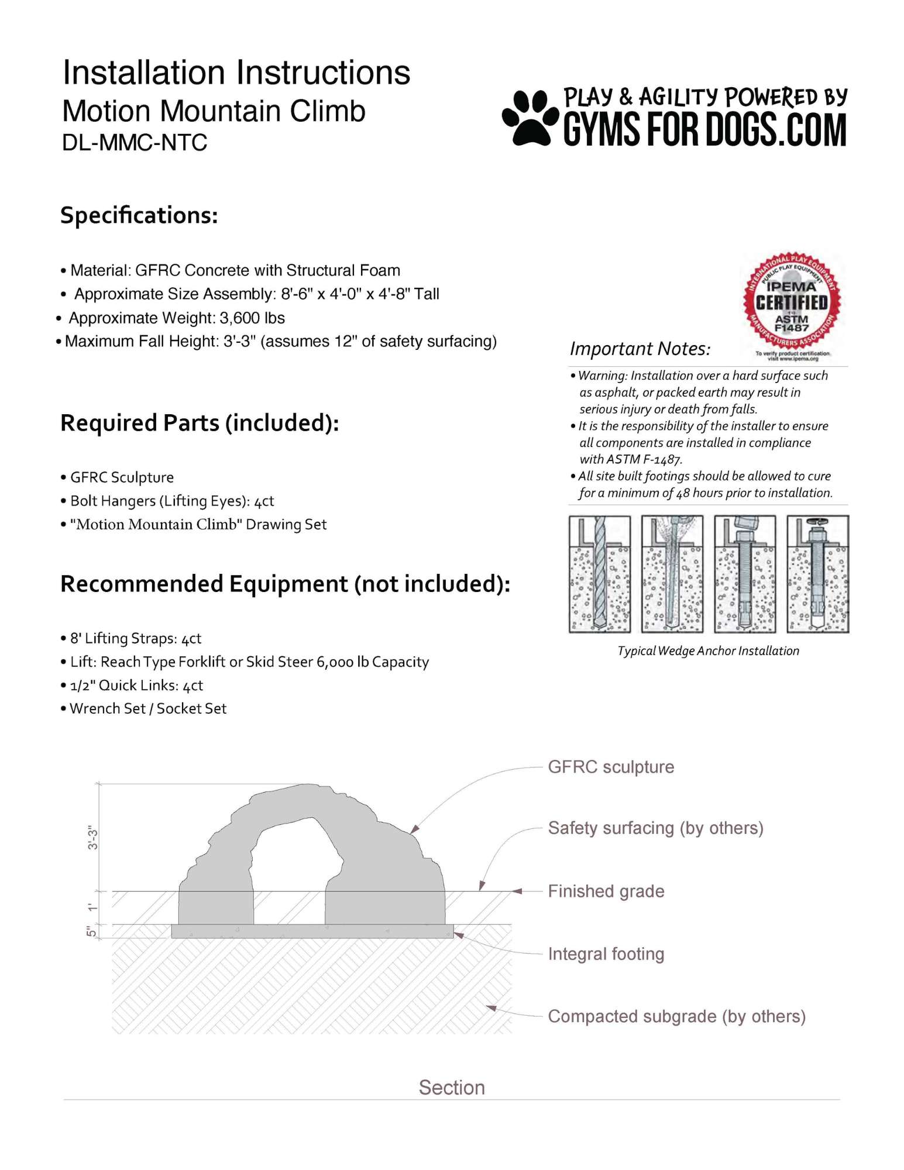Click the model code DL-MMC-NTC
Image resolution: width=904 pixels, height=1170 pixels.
(x=135, y=143)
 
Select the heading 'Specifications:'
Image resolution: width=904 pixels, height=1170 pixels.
(x=139, y=215)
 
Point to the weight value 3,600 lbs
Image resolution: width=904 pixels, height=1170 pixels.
(x=252, y=318)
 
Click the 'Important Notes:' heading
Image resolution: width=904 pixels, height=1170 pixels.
(x=640, y=349)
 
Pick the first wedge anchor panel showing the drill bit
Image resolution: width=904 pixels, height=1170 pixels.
(x=600, y=574)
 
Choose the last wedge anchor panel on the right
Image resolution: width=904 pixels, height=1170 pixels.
(x=817, y=574)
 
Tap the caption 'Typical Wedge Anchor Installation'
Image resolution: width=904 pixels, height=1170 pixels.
(x=708, y=651)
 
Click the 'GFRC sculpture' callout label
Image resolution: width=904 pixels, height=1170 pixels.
(x=611, y=767)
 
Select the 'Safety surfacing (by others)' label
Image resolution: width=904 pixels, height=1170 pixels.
(x=655, y=828)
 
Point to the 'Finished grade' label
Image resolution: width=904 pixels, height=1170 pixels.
(x=606, y=892)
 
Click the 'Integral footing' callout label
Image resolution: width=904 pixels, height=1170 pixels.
(x=606, y=954)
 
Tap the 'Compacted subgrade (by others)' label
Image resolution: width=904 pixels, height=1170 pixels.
(x=676, y=1017)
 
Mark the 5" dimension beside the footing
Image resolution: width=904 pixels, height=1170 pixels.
(x=91, y=931)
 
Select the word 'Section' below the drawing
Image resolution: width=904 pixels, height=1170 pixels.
(x=452, y=1088)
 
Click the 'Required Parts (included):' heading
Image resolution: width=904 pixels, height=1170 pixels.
(x=200, y=423)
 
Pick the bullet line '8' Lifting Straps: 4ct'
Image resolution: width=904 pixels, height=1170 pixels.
(x=136, y=638)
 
